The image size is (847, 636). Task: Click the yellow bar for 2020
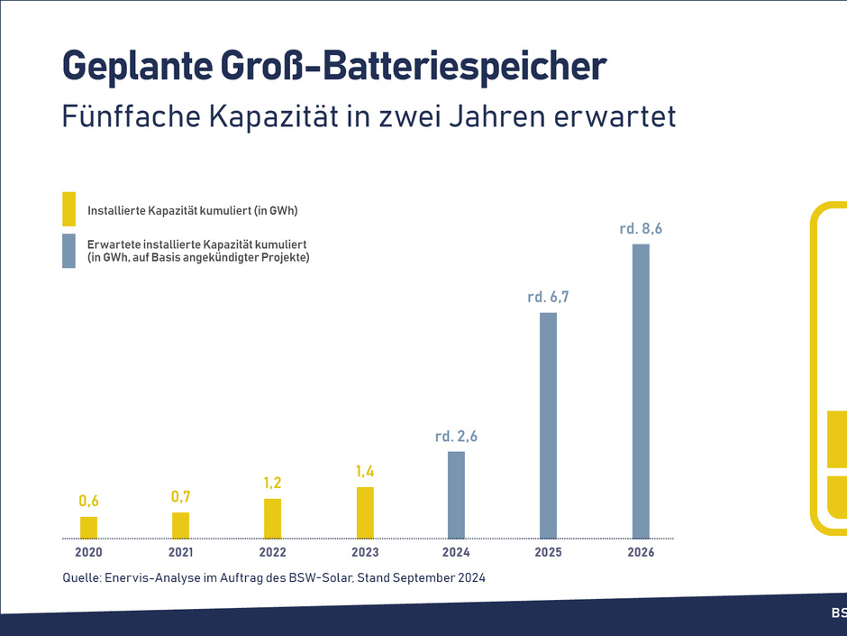(x=88, y=527)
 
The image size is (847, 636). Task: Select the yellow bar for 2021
(x=180, y=525)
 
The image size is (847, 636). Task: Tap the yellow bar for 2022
(x=272, y=518)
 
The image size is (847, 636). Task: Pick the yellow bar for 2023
(x=365, y=512)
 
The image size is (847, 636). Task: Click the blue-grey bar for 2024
(x=457, y=494)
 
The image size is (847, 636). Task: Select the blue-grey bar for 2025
(x=548, y=425)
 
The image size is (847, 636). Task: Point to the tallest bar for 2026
(x=641, y=391)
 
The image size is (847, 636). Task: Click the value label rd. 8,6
(x=641, y=229)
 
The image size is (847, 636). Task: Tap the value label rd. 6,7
(x=548, y=297)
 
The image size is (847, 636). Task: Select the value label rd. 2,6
(x=456, y=437)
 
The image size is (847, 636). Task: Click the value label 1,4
(x=365, y=471)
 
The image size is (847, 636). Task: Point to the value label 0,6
(x=88, y=502)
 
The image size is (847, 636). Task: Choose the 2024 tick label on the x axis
(x=456, y=552)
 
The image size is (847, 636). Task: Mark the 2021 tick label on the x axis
(x=180, y=552)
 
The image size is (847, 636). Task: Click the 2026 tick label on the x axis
(x=641, y=552)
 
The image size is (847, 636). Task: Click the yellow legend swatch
(x=69, y=209)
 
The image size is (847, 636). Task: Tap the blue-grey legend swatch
(x=69, y=251)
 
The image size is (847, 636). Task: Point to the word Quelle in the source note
(x=81, y=577)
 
